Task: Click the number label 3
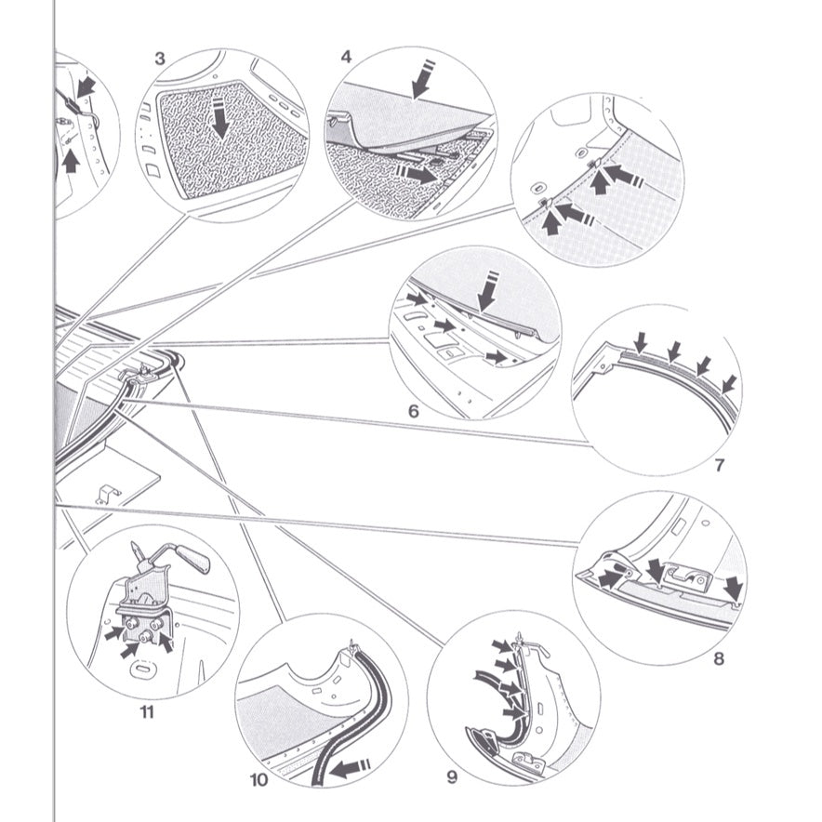(160, 58)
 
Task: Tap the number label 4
(346, 57)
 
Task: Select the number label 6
(413, 409)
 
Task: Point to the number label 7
(719, 465)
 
